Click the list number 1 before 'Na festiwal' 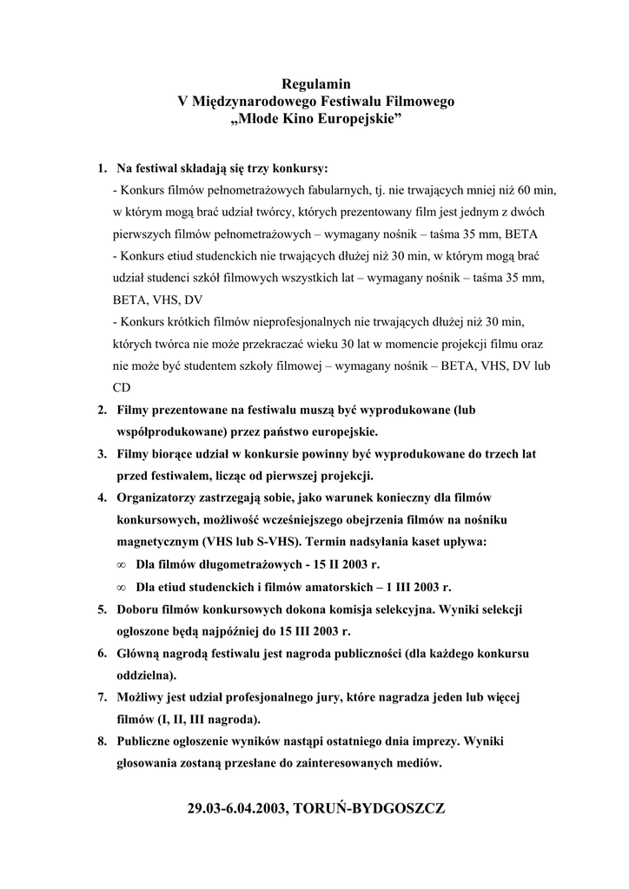101,167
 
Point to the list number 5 101,609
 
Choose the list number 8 101,742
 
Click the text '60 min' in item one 536,188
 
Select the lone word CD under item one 122,388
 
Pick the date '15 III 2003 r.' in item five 314,631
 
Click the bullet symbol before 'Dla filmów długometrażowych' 121,565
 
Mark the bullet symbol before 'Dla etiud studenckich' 121,588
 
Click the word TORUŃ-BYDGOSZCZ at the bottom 370,808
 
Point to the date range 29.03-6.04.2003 238,808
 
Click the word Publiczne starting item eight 149,742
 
